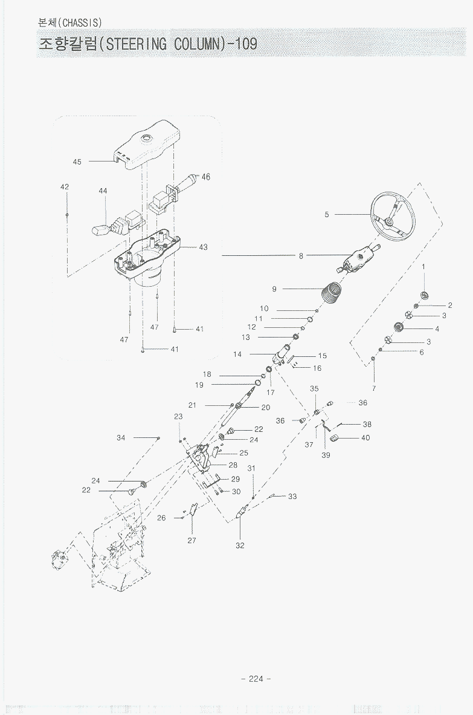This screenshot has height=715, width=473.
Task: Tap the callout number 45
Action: [77, 162]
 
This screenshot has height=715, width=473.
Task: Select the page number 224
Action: [256, 678]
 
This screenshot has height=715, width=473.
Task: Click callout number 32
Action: [240, 545]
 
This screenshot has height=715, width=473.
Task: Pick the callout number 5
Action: [327, 215]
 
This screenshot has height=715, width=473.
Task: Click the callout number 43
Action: [203, 247]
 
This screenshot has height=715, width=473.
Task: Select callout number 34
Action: [121, 437]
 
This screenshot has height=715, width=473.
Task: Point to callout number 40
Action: [365, 437]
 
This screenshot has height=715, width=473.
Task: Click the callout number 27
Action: [191, 540]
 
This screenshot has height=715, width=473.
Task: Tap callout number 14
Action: [237, 354]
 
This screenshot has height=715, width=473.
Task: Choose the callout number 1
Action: [423, 266]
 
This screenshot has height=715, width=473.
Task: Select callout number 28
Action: [233, 465]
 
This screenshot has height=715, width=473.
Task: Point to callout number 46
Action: [206, 177]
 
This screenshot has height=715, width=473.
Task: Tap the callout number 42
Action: [65, 187]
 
